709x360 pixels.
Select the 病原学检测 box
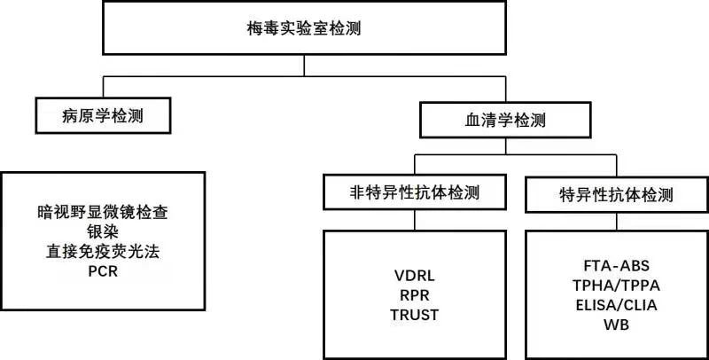point(103,114)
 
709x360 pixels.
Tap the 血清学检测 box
point(504,116)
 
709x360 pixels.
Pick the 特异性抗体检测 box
point(617,194)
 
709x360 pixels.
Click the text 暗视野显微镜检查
point(103,213)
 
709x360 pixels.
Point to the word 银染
point(103,232)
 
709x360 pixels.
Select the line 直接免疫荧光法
point(103,252)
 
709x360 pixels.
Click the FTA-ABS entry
point(617,265)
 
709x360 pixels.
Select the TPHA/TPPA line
point(617,285)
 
